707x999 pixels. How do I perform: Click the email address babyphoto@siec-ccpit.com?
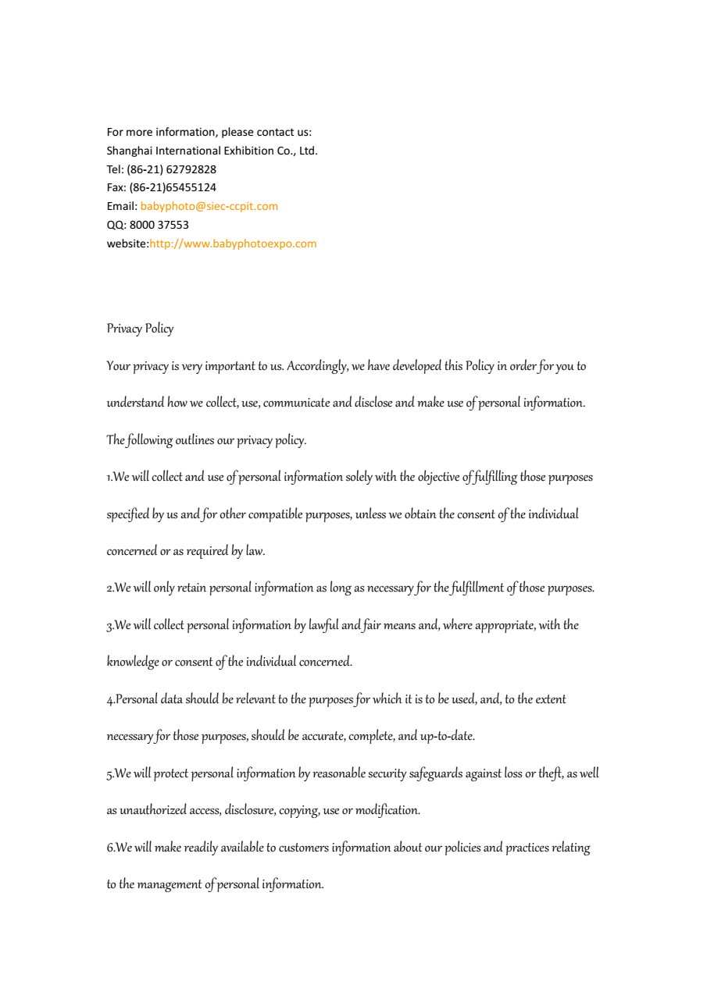[x=209, y=207]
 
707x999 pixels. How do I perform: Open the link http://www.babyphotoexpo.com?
[x=233, y=244]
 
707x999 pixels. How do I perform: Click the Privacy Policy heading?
[x=140, y=329]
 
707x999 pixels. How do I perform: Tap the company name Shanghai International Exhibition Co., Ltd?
[x=212, y=151]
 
